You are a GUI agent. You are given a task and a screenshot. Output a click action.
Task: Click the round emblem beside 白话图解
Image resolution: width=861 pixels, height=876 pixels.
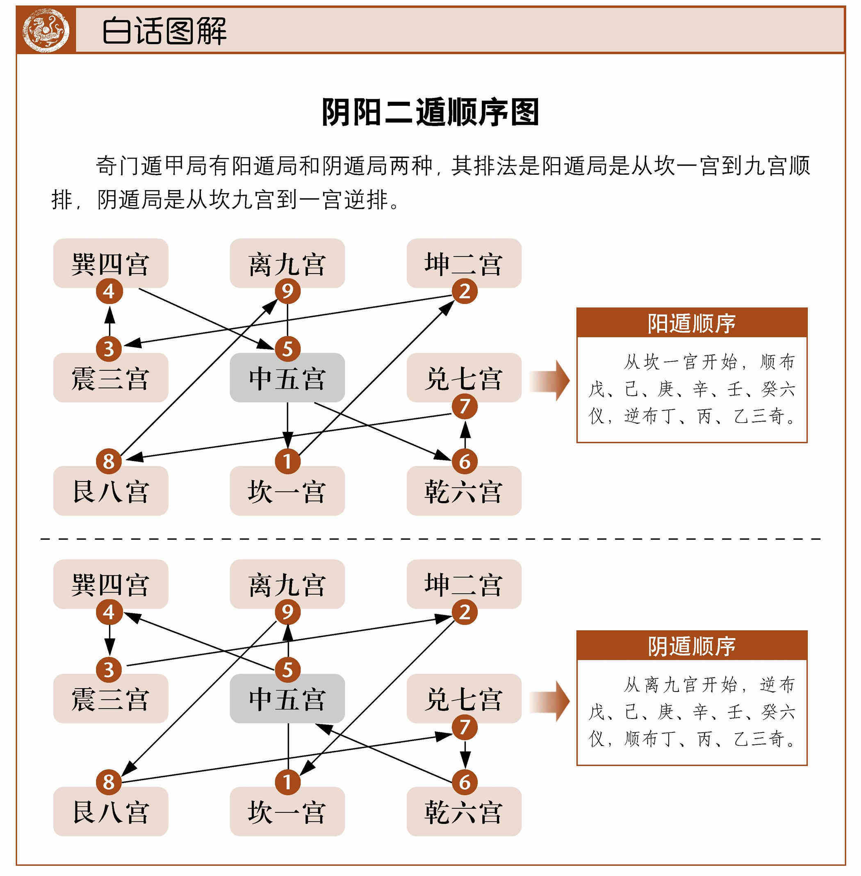tap(46, 30)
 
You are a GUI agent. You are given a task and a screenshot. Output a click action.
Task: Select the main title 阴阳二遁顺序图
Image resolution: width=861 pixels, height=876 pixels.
tap(430, 112)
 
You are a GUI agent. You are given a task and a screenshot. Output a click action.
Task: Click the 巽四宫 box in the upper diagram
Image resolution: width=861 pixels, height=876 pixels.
tap(111, 263)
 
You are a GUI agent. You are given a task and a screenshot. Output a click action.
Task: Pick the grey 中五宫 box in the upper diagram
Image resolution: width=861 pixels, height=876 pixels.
tap(287, 378)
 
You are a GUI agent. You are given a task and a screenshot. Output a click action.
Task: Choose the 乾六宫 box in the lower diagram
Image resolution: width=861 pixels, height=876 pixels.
tap(464, 811)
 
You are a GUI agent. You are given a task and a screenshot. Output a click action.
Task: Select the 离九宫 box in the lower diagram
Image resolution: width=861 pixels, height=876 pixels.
tap(287, 584)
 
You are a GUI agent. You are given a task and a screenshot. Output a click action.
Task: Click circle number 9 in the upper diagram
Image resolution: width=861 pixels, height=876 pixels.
tap(287, 291)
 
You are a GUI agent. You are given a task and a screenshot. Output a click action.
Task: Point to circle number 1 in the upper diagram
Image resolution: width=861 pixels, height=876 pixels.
tap(287, 461)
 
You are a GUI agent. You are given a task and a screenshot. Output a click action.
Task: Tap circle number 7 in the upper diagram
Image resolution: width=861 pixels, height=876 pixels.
tap(465, 406)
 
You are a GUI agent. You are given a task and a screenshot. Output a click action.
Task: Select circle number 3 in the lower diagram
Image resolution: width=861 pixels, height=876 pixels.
tap(109, 669)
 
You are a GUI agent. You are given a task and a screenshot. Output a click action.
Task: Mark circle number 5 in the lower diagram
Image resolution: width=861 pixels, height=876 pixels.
tap(287, 669)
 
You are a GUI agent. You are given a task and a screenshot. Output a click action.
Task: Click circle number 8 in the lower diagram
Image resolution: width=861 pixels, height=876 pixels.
tap(109, 782)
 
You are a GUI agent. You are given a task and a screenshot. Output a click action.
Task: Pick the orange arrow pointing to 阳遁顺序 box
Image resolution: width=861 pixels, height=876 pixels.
tap(549, 381)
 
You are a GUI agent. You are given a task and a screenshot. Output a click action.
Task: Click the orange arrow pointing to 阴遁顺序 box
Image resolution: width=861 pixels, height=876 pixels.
tap(549, 701)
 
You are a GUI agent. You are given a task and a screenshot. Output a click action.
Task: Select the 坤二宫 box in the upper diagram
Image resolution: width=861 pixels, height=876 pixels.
tap(464, 263)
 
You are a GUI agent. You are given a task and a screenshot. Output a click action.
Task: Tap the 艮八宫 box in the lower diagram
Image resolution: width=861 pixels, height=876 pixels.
tap(111, 811)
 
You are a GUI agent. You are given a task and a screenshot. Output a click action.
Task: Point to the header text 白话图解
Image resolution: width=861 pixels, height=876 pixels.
tap(164, 31)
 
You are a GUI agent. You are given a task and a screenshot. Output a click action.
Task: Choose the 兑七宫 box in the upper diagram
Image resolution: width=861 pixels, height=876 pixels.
tap(464, 378)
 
